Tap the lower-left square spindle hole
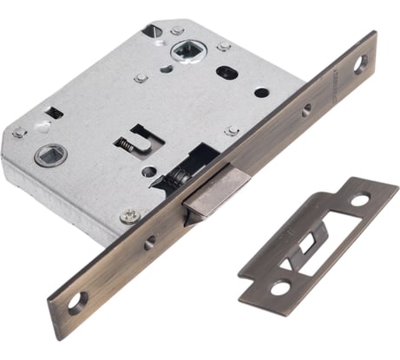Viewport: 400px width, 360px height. pos(44,156)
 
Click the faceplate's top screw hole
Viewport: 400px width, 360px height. pos(360,62)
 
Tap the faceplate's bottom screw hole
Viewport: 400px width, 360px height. pos(77,300)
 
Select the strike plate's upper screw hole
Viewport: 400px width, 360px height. pos(359,200)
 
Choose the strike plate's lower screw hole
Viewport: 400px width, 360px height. pos(279,287)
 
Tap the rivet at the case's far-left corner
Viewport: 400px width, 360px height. pos(17,133)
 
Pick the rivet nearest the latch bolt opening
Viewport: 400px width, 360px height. pos(231,131)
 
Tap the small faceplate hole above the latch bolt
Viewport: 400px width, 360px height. pos(305,109)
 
